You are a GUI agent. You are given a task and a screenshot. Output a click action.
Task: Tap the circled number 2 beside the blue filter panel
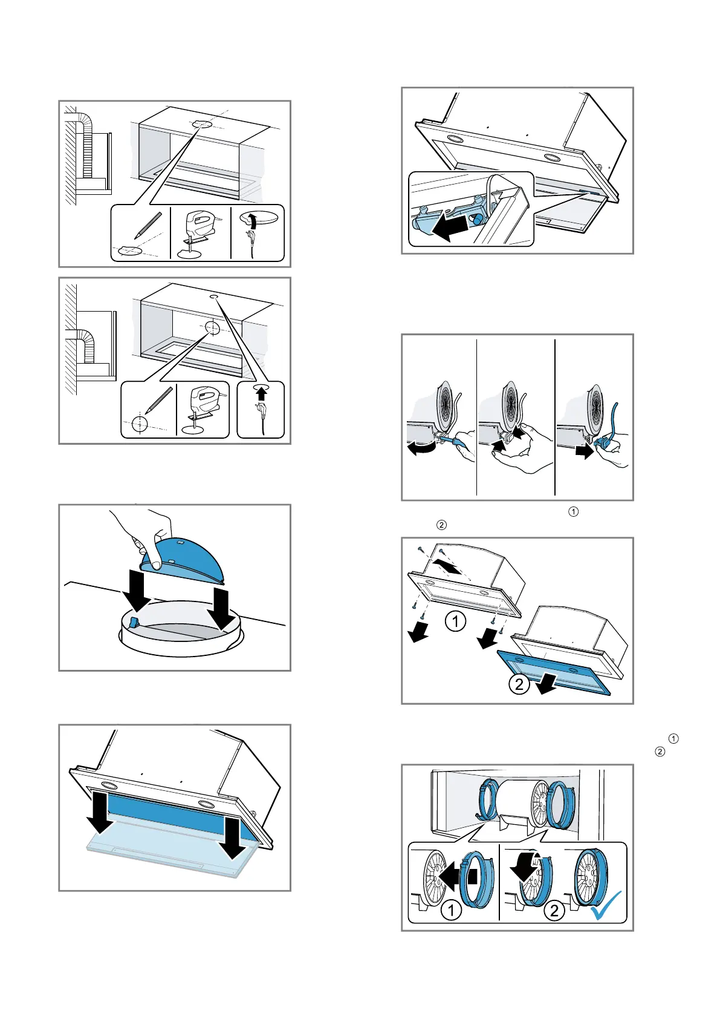click(x=519, y=685)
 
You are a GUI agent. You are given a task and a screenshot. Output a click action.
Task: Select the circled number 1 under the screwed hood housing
click(x=455, y=621)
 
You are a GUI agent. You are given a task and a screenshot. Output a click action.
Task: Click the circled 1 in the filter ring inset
click(x=451, y=910)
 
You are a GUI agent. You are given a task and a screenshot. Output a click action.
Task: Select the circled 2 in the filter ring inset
click(x=554, y=910)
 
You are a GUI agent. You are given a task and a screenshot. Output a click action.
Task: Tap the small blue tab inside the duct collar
click(x=135, y=623)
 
